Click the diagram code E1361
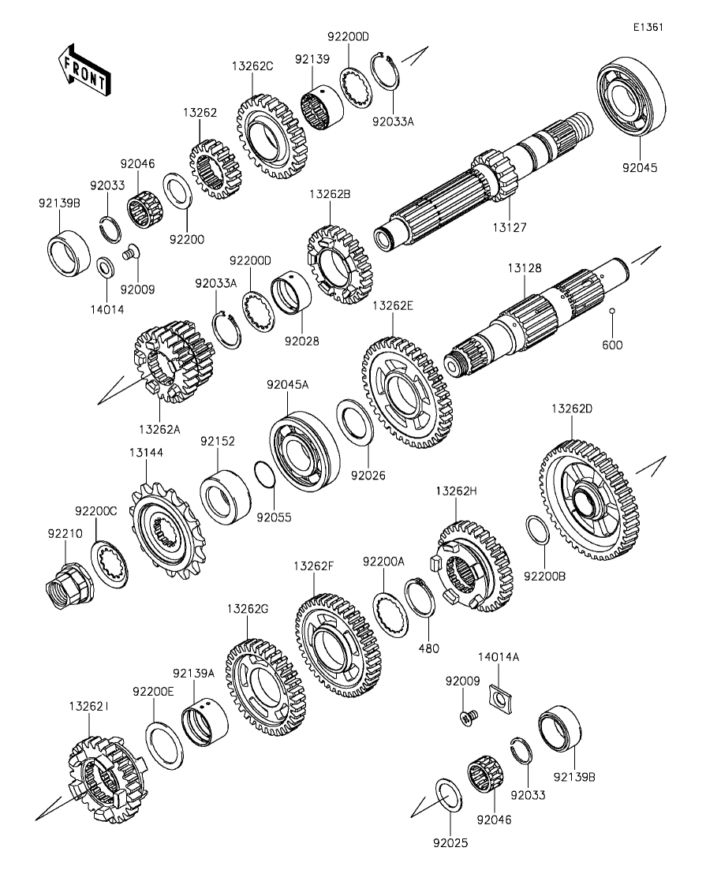pyautogui.click(x=648, y=27)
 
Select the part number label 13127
pyautogui.click(x=510, y=227)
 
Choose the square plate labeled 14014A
pyautogui.click(x=499, y=696)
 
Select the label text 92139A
pyautogui.click(x=193, y=674)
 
